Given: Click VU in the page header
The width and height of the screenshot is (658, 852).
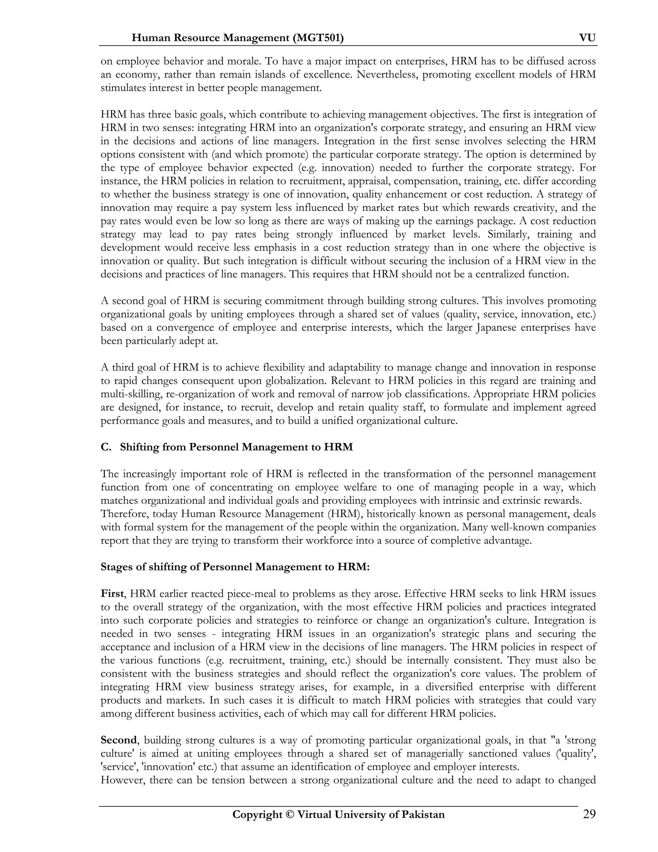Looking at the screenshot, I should (x=587, y=38).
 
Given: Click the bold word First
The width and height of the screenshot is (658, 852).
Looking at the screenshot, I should (x=112, y=594).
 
